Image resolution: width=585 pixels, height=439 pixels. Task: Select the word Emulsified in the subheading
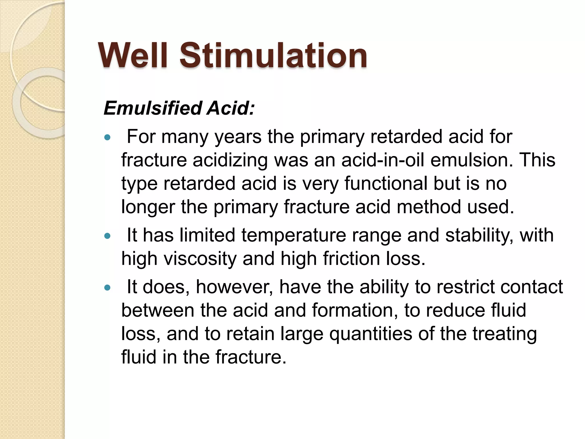[x=153, y=108]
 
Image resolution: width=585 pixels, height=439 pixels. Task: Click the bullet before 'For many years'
[x=107, y=138]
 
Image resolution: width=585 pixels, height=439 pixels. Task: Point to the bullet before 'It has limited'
[x=107, y=236]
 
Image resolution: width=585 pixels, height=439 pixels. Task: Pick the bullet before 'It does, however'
[x=107, y=288]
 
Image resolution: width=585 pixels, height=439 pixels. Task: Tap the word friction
[x=351, y=259]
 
